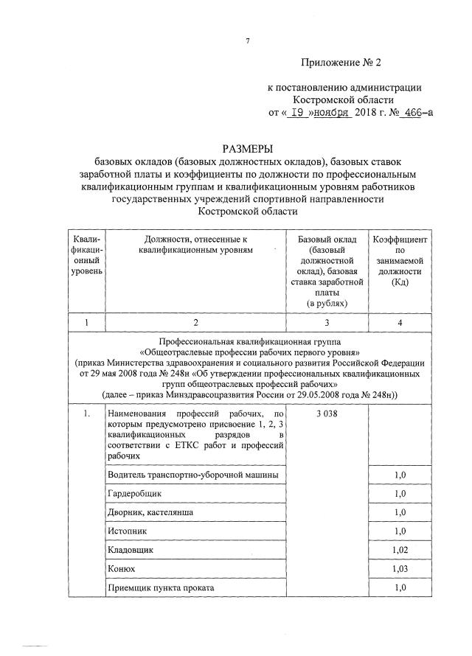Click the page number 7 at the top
point(247,41)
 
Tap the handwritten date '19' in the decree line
point(296,113)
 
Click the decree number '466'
point(406,113)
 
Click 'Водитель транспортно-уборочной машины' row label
point(192,474)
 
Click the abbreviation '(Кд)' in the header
point(400,282)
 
